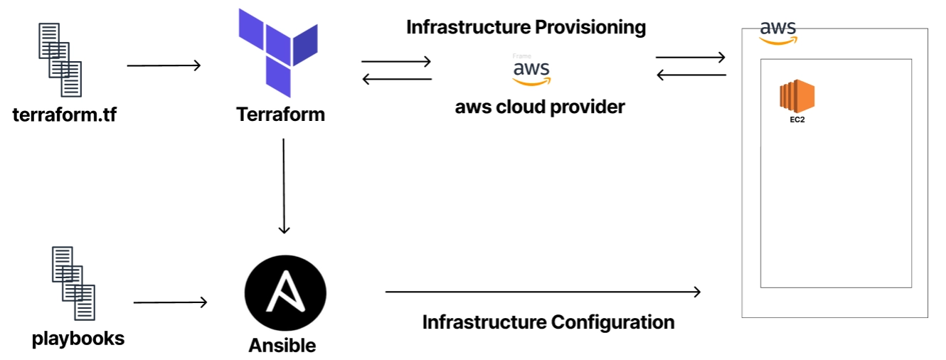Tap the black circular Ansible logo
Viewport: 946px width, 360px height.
285,293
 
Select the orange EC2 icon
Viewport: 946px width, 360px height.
797,97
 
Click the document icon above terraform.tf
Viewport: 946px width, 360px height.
60,60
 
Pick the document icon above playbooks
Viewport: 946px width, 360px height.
73,282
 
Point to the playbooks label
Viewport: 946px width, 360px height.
78,338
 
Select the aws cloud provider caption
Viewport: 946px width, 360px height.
540,107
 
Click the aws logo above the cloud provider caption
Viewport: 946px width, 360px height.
531,72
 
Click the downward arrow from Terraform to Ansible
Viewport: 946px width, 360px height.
284,185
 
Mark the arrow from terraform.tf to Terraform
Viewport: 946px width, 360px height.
164,66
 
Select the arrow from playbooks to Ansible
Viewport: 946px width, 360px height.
170,302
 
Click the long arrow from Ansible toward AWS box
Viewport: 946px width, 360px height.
543,292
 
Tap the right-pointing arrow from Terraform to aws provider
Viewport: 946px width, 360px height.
396,62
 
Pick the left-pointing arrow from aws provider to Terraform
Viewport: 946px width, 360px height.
396,79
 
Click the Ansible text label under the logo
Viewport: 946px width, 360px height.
282,346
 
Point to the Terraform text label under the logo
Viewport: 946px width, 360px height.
280,114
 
